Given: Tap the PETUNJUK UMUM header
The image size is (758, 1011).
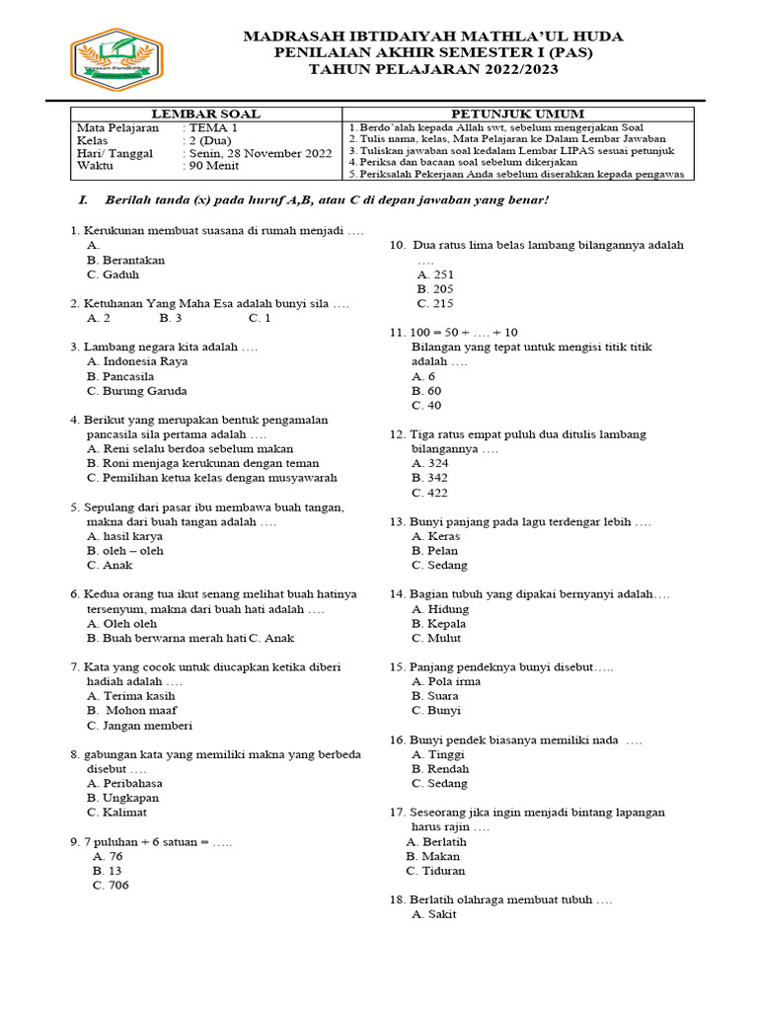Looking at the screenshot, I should coord(517,115).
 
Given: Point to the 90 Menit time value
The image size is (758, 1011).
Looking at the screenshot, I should coord(212,166).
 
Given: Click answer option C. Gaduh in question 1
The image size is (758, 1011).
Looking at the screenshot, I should coord(113,274).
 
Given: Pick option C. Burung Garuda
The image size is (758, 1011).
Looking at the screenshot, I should coord(136,391).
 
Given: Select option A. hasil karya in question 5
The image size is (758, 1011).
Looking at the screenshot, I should coord(124,536).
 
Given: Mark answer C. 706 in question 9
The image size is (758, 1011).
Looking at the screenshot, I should coord(111,885).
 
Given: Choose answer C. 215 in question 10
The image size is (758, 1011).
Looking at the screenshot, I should coord(435,304).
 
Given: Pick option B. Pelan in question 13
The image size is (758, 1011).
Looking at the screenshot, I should coord(435,551).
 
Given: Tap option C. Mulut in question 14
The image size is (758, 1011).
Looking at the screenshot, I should coord(436,638).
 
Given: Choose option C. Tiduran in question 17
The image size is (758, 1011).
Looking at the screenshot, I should coord(435,871).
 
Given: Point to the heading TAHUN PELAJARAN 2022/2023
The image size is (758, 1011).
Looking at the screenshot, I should coord(433,69).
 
